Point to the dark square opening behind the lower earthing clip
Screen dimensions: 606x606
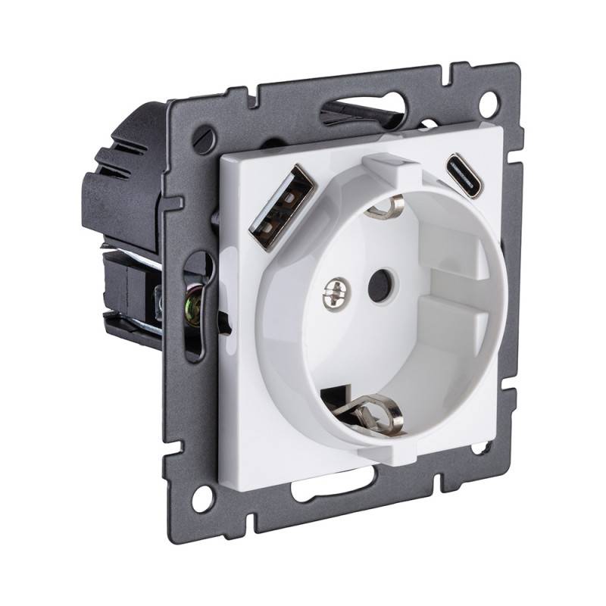point(337,398)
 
